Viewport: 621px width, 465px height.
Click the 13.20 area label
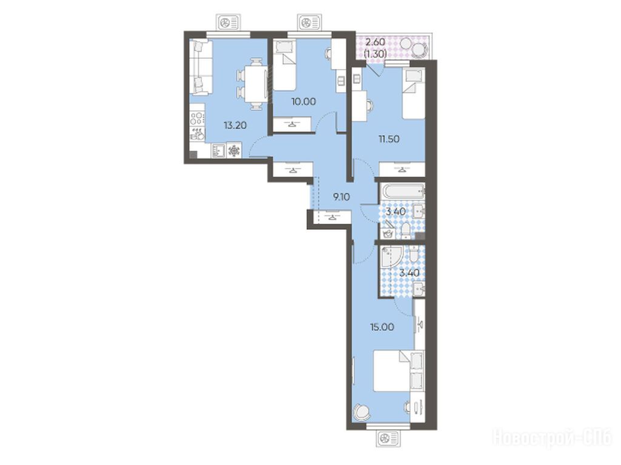click(235, 125)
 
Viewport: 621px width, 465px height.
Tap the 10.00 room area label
click(303, 101)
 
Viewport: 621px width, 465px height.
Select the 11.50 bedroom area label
click(388, 139)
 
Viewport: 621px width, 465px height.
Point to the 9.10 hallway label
click(341, 196)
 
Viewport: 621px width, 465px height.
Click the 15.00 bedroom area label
click(382, 327)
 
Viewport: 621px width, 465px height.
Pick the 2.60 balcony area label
click(375, 42)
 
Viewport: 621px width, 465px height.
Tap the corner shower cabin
click(391, 257)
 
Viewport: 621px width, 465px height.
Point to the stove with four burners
click(197, 118)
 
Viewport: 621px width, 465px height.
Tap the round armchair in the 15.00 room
click(362, 412)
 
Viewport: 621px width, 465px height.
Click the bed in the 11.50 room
click(414, 93)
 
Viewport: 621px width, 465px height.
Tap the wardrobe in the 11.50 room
click(402, 169)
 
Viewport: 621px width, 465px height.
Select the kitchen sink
click(218, 150)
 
